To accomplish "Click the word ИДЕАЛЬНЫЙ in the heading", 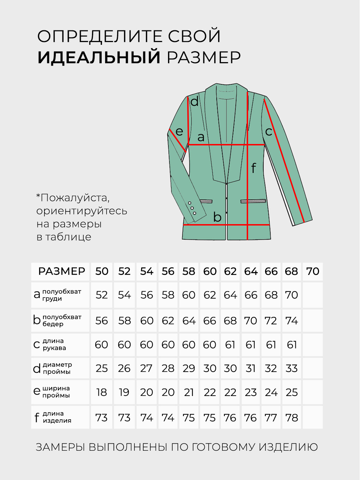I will pyautogui.click(x=99, y=58).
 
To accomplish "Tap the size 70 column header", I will pyautogui.click(x=313, y=271).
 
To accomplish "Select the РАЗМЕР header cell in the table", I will pyautogui.click(x=62, y=271).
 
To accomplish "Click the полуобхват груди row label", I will pyautogui.click(x=61, y=295).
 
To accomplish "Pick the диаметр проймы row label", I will pyautogui.click(x=57, y=368).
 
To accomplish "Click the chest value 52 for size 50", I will pyautogui.click(x=102, y=295).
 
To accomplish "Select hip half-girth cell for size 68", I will pyautogui.click(x=292, y=321).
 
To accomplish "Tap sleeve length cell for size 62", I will pyautogui.click(x=230, y=344).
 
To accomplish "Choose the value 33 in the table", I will pyautogui.click(x=292, y=368).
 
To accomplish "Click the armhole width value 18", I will pyautogui.click(x=102, y=392).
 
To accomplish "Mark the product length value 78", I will pyautogui.click(x=292, y=418).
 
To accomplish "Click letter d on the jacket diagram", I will pyautogui.click(x=194, y=102).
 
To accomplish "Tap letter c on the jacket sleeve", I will pyautogui.click(x=269, y=132).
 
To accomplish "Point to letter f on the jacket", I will pyautogui.click(x=253, y=168).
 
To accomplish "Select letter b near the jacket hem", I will pyautogui.click(x=217, y=217).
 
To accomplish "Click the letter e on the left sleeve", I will pyautogui.click(x=179, y=132).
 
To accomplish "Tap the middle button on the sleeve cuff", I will pyautogui.click(x=192, y=208).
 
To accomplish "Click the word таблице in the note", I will pyautogui.click(x=68, y=237).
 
